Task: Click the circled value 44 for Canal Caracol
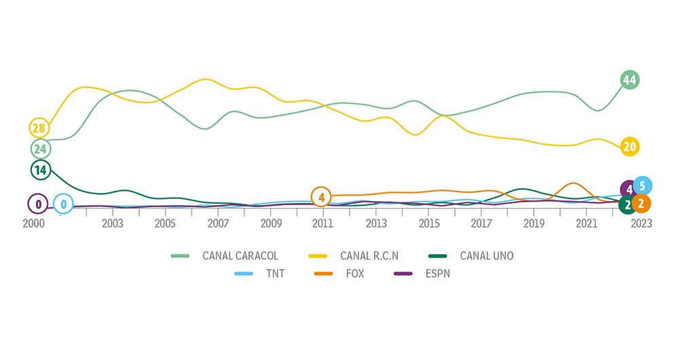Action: pos(629,80)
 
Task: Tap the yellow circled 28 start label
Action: pos(39,128)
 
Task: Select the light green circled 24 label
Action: pos(40,149)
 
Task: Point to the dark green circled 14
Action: pos(40,170)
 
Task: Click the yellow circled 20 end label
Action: pos(629,147)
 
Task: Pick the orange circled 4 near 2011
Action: pos(321,198)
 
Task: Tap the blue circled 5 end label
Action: pos(642,185)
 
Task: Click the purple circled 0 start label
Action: pos(38,203)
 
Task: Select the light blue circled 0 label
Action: pos(63,203)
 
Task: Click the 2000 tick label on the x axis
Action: pos(34,223)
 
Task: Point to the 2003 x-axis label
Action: pos(112,223)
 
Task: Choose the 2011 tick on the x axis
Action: pos(323,223)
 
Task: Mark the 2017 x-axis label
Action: pos(481,223)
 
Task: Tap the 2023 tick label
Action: pos(640,223)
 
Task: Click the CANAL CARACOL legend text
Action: pos(240,256)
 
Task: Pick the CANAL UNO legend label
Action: pos(486,256)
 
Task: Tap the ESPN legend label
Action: pos(439,274)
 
